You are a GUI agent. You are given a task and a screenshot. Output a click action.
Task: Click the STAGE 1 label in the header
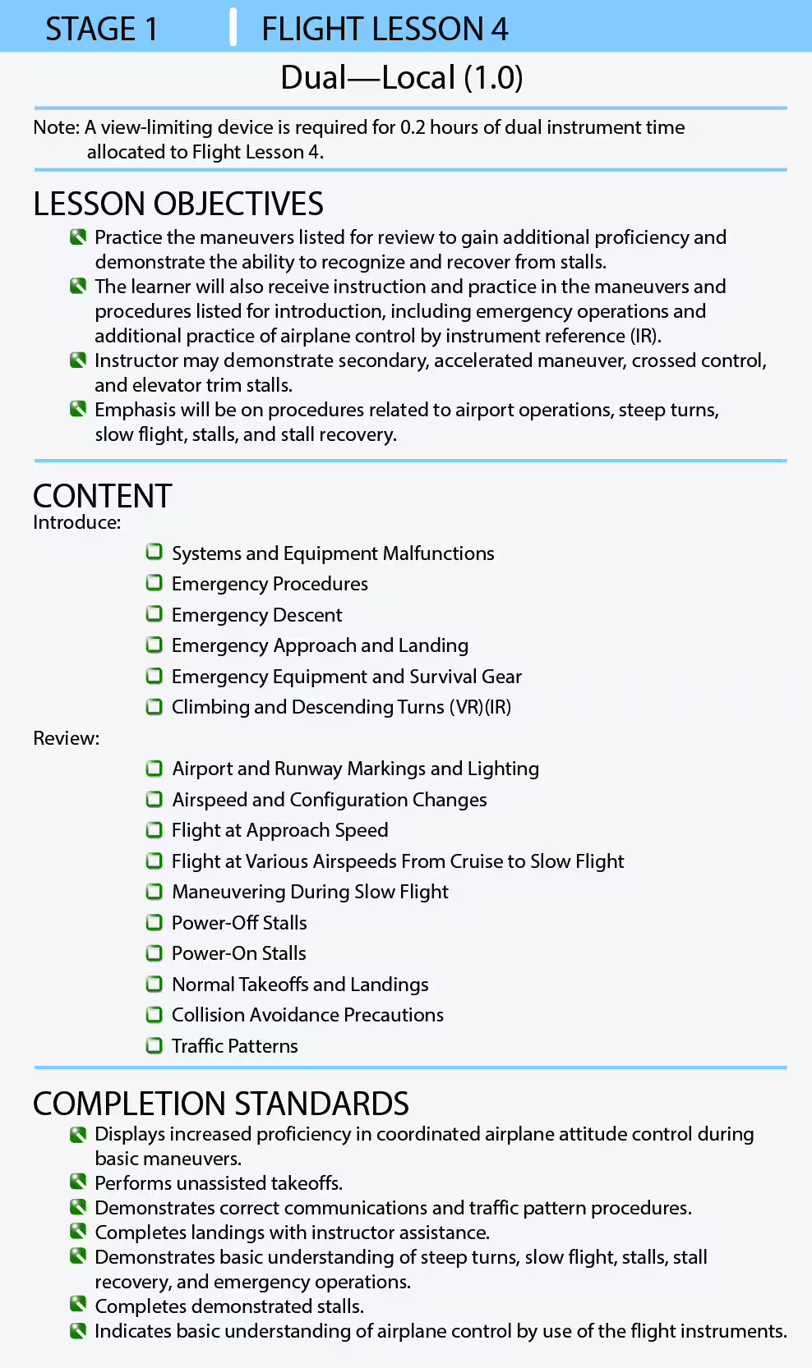101,30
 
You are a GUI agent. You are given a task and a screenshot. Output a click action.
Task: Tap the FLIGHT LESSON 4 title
385,30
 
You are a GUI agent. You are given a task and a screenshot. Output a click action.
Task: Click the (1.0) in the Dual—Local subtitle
493,78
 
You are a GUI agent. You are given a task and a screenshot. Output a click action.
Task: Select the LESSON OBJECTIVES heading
178,204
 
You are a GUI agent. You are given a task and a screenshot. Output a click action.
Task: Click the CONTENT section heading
102,496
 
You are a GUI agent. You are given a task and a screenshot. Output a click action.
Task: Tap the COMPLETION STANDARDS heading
220,1104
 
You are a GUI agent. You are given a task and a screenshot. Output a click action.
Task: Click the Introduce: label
76,522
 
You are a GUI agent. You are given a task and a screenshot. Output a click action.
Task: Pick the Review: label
66,738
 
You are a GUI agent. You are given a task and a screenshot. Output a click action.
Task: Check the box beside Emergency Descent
154,614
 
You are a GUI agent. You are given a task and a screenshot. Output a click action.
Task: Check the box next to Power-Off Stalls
154,922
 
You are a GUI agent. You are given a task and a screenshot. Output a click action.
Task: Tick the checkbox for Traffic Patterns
154,1045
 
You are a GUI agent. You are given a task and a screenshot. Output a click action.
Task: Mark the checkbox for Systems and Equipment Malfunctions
154,553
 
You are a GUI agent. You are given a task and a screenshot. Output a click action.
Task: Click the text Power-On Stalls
238,953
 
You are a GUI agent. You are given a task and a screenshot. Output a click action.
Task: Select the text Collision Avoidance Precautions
307,1015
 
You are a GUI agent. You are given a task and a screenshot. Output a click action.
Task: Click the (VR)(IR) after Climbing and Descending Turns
480,707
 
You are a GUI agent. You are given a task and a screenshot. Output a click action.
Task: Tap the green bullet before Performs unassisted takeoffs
78,1182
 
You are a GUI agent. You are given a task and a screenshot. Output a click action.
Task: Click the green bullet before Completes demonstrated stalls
78,1306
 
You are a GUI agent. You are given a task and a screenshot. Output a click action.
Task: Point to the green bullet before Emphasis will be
78,409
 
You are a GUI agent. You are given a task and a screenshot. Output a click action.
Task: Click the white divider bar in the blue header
233,27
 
